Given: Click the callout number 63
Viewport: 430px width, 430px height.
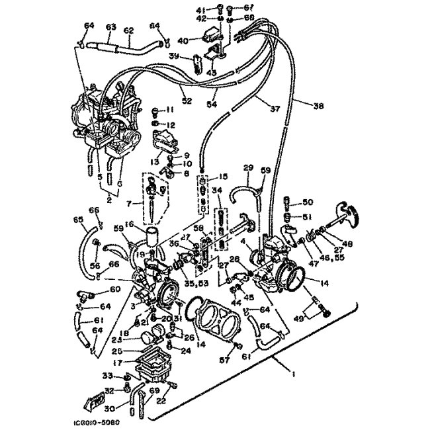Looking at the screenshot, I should (110, 27).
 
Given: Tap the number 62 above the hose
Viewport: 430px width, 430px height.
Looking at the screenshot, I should (128, 30).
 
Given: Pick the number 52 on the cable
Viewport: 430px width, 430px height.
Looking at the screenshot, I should (187, 101).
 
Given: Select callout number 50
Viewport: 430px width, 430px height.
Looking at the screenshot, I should (307, 202).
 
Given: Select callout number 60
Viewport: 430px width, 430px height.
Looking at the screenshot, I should (115, 289).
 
